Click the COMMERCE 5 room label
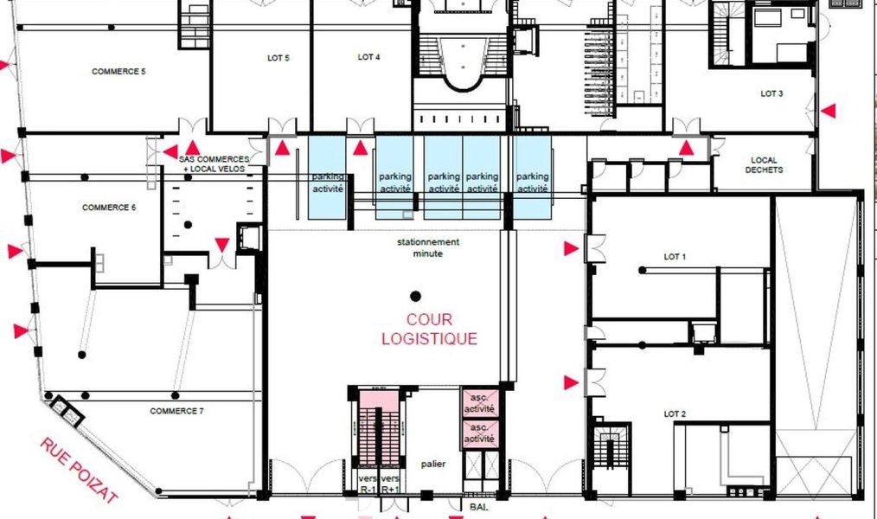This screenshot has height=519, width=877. coord(118,72)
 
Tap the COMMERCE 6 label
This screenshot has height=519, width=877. coord(109,208)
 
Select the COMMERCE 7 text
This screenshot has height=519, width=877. coord(176,411)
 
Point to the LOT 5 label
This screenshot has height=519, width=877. coord(278,58)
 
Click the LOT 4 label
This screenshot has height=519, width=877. coord(369,56)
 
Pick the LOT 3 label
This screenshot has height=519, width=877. coord(771,93)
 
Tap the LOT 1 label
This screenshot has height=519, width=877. coord(675,257)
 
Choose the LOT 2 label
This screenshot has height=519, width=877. coord(675,413)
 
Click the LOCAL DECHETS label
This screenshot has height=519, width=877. coord(764,165)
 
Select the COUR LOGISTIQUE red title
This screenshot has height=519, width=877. coord(430,330)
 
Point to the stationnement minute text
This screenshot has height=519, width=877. coord(428,247)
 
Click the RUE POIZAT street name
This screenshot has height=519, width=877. coord(79,470)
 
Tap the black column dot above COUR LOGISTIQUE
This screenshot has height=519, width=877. coord(415,296)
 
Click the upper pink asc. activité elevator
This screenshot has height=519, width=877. coord(480,403)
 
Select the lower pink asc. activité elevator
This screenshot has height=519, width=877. coord(480,434)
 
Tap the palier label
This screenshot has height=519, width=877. coord(433,465)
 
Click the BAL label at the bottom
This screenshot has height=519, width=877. coord(479,508)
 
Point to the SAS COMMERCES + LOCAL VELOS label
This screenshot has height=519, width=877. coord(214,163)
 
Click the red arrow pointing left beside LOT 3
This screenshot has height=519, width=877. coord(829,111)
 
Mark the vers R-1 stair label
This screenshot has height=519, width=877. coord(368,484)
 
